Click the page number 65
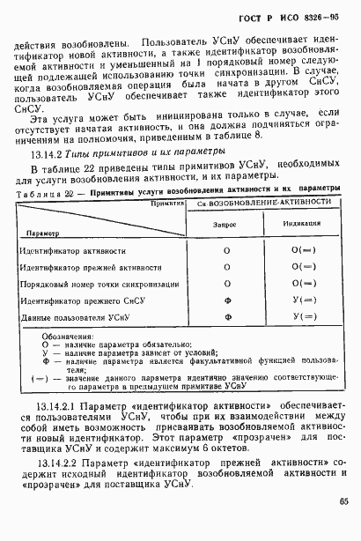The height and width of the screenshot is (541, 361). (343, 525)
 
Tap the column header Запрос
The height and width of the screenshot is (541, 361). (226, 225)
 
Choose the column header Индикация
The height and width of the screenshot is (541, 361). (303, 225)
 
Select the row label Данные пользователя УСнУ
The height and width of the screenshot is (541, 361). (73, 315)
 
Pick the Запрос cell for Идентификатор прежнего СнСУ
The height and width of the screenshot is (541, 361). (226, 300)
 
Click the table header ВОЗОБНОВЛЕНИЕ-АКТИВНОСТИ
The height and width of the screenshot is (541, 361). (272, 202)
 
